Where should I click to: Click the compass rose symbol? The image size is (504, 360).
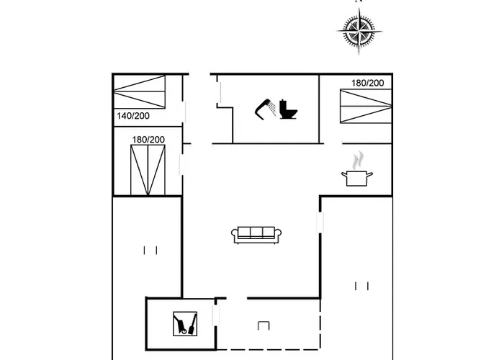[x=358, y=32]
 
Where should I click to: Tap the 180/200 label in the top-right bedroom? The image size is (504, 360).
[x=367, y=83]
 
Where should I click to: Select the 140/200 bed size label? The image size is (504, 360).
[x=132, y=116]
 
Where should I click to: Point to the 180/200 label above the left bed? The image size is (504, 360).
[x=148, y=140]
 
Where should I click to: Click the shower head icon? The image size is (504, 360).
[x=265, y=108]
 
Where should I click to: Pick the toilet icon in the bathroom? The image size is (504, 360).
[x=289, y=109]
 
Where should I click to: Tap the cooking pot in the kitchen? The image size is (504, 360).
[x=357, y=178]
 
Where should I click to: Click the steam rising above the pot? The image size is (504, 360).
[x=358, y=158]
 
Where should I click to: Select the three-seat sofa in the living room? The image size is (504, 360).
[x=256, y=233]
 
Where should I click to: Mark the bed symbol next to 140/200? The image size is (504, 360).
[x=140, y=94]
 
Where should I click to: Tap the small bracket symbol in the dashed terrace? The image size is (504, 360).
[x=263, y=325]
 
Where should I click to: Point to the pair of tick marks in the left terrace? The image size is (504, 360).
[x=150, y=250]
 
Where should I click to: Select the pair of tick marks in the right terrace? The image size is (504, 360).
[x=361, y=286]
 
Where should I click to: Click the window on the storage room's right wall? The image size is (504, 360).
[x=215, y=315]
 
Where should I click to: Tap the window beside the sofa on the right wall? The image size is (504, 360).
[x=320, y=222]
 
